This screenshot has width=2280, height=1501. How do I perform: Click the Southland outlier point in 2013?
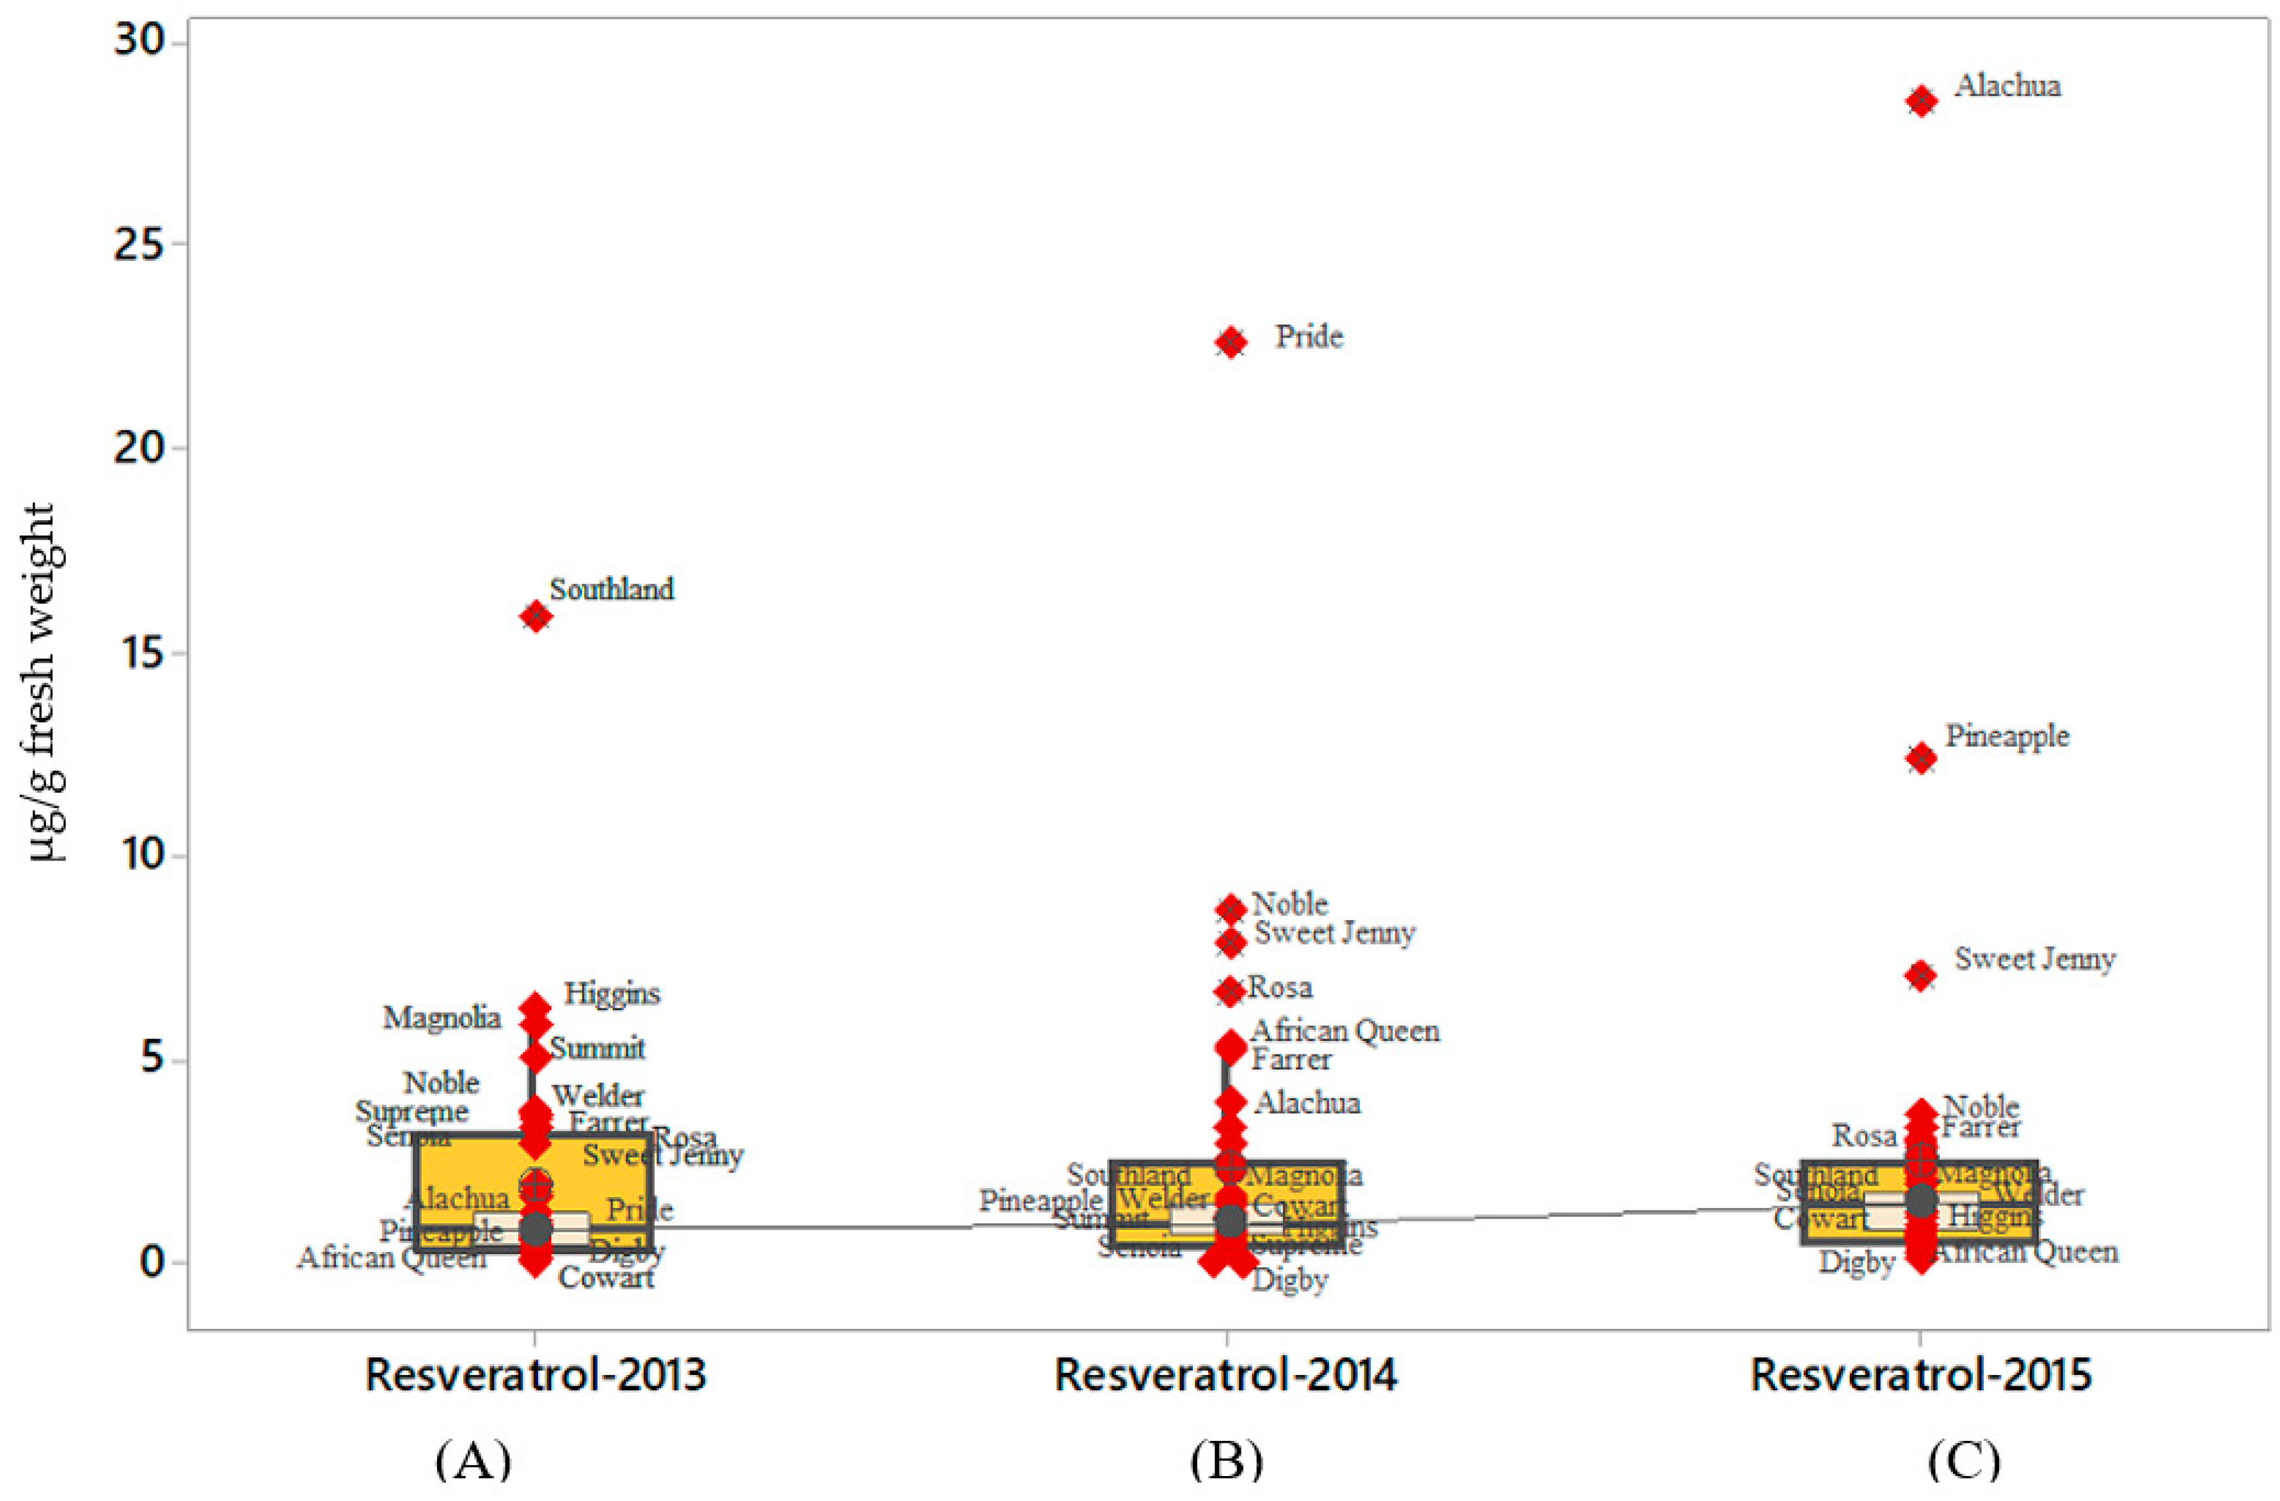536,617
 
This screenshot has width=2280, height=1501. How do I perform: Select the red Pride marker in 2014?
1231,342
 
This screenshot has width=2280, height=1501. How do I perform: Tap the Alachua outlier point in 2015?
1921,102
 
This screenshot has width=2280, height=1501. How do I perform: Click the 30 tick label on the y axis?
138,41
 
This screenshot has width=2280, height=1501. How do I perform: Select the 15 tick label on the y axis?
138,653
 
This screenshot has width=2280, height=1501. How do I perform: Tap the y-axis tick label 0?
152,1262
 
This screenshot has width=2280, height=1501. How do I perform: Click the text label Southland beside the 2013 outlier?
611,589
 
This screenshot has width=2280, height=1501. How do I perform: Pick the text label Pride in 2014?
1309,337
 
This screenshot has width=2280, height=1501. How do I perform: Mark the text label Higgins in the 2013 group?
611,994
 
